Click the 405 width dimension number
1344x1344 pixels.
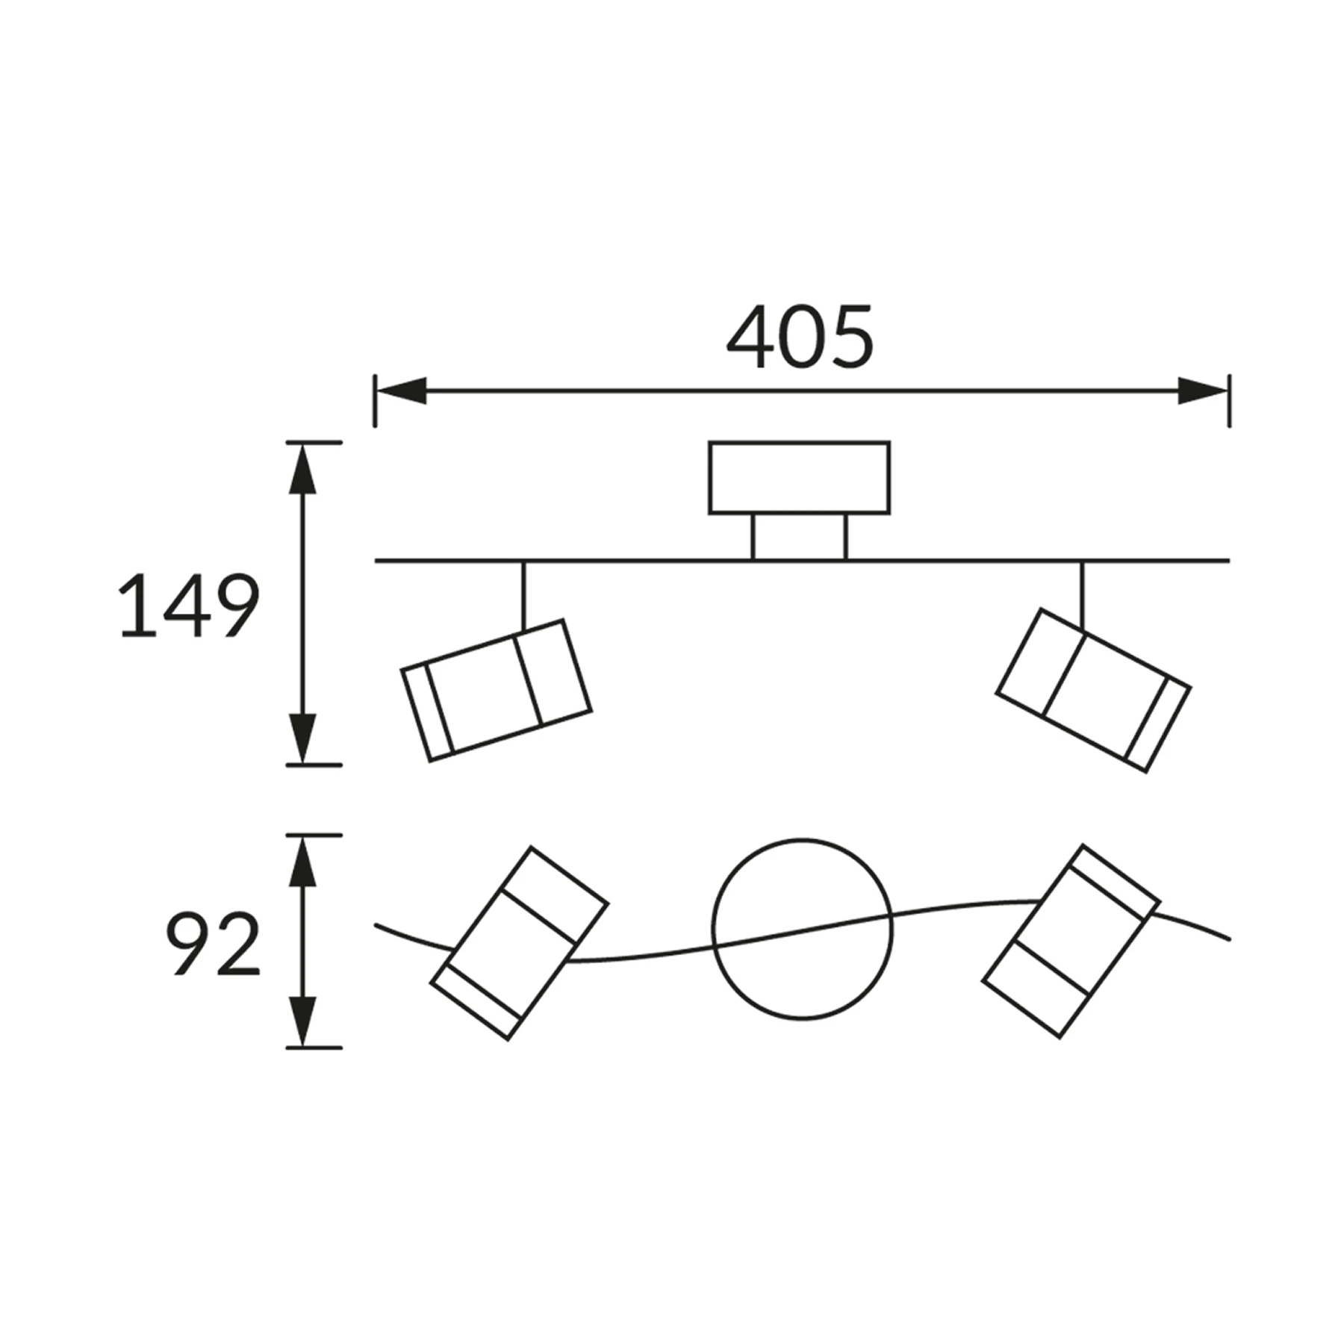pyautogui.click(x=800, y=337)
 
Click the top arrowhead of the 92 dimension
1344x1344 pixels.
pyautogui.click(x=302, y=861)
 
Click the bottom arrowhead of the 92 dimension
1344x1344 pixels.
pyautogui.click(x=302, y=1021)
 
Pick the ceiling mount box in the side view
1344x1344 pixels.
pyautogui.click(x=800, y=478)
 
